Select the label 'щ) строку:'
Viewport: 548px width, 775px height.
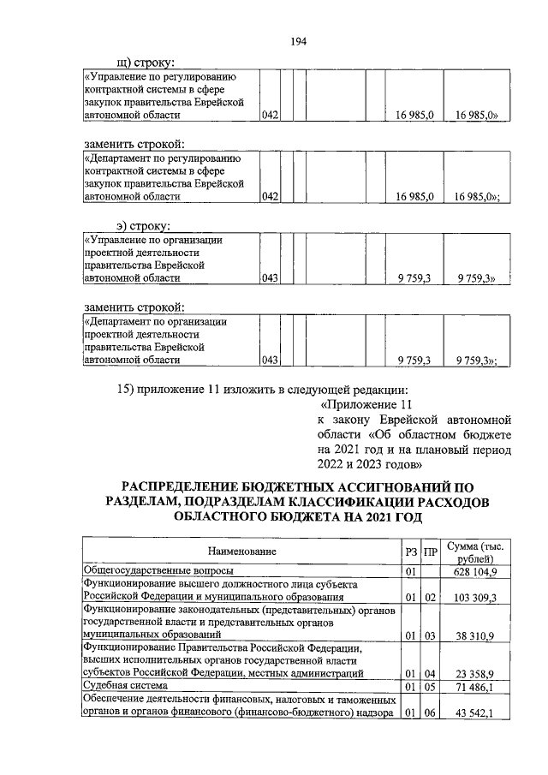point(146,62)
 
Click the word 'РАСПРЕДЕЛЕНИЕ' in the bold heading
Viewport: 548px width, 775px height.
point(202,486)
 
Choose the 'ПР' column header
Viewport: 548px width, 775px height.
point(431,551)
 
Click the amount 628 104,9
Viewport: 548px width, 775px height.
point(480,571)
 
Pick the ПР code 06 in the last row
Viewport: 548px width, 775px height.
point(431,712)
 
